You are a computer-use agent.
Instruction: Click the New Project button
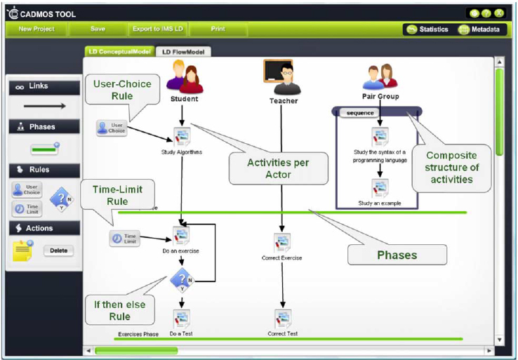pyautogui.click(x=36, y=29)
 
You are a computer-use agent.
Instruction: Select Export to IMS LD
pyautogui.click(x=157, y=29)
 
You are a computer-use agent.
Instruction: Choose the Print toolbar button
pyautogui.click(x=218, y=29)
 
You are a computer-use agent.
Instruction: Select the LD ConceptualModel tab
pyautogui.click(x=119, y=52)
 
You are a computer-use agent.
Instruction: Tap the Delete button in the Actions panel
pyautogui.click(x=60, y=251)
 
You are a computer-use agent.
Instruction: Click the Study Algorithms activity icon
pyautogui.click(x=182, y=136)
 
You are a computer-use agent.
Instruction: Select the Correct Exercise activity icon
pyautogui.click(x=282, y=243)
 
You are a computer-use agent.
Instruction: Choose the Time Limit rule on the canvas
pyautogui.click(x=125, y=239)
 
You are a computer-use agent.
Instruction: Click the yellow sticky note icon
pyautogui.click(x=23, y=251)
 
